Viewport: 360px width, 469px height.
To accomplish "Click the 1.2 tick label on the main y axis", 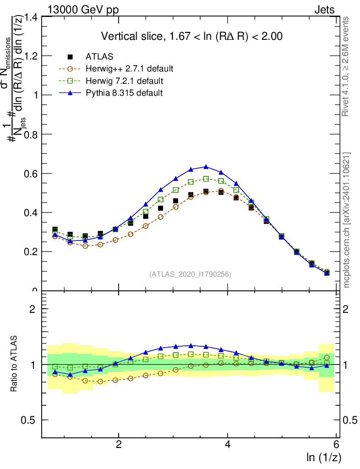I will coord(31,56).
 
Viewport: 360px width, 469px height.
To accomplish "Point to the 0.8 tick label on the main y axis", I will coord(31,134).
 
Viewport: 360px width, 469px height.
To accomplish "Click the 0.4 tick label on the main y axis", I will coord(31,213).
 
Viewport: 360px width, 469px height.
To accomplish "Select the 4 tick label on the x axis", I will coord(228,444).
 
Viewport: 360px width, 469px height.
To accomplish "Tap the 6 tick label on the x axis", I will coord(337,444).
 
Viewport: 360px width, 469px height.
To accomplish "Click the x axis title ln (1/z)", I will coord(323,458).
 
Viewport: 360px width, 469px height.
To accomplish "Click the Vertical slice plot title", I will coord(191,36).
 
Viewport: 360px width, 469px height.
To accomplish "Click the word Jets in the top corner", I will coord(324,9).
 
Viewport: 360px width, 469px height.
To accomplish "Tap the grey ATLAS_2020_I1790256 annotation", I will coord(190,274).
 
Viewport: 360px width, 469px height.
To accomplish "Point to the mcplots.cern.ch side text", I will coord(347,220).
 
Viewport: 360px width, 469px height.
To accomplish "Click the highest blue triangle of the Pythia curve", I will coord(206,167).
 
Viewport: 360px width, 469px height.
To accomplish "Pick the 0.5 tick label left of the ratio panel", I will coord(31,420).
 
